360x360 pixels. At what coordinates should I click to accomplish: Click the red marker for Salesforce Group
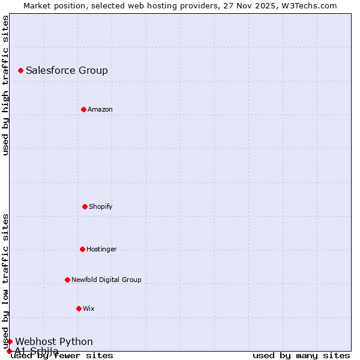(x=21, y=71)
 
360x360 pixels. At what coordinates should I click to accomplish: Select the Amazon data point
(x=83, y=109)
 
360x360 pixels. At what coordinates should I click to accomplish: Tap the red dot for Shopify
(x=85, y=206)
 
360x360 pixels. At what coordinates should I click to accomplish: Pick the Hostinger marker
(x=82, y=249)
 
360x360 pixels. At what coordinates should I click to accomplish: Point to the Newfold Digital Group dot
(x=67, y=280)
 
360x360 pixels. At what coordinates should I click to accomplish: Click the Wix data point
(x=79, y=308)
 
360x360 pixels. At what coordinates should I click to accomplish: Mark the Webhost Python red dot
(x=10, y=341)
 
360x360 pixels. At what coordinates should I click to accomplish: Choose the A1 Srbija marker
(x=9, y=351)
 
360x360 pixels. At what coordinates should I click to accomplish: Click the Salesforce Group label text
(x=67, y=71)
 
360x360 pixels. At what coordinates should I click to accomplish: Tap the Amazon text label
(x=100, y=109)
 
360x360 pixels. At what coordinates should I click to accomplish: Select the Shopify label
(x=101, y=206)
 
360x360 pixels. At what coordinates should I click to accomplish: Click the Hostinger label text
(x=101, y=249)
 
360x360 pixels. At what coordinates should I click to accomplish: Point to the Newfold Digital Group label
(x=106, y=280)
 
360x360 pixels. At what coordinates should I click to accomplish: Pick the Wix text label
(x=89, y=308)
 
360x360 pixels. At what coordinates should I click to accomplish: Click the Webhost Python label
(x=54, y=341)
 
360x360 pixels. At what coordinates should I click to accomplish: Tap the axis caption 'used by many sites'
(x=301, y=355)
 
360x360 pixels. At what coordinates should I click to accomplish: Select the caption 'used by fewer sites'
(x=62, y=355)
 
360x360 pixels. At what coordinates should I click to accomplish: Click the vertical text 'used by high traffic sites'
(x=6, y=85)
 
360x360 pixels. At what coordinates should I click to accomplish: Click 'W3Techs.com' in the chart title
(x=310, y=5)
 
